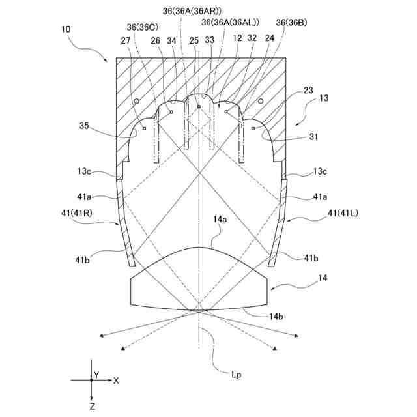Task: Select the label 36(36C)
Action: pos(141,27)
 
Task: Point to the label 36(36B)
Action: pos(291,22)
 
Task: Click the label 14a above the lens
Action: pos(220,221)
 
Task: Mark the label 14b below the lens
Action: pos(276,317)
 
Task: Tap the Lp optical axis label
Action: pos(237,375)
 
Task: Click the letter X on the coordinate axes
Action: pos(116,379)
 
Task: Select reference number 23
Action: pos(308,91)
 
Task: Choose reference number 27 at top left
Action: pos(125,40)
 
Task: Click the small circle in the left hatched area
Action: pos(136,102)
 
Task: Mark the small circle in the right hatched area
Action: pos(260,101)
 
